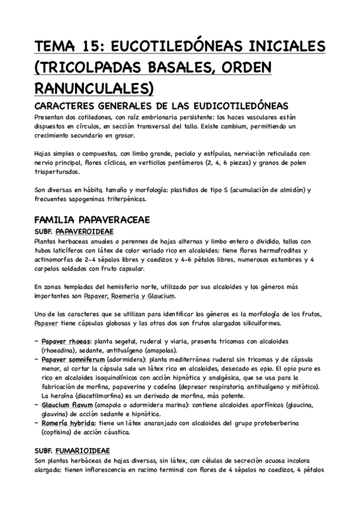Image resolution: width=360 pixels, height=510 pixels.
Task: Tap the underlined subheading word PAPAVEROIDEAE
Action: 84,231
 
